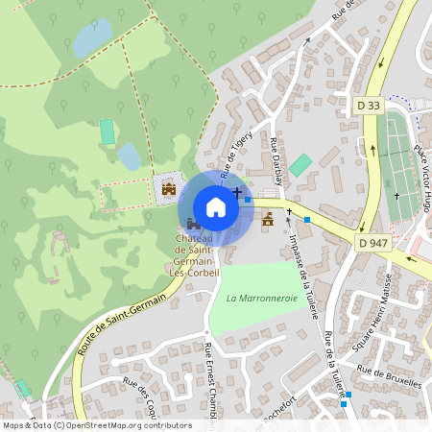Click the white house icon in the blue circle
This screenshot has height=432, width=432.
click(216, 207)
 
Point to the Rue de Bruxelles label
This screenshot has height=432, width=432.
click(389, 375)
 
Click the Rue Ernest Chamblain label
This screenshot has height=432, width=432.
click(213, 380)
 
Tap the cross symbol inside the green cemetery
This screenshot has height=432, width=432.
click(395, 196)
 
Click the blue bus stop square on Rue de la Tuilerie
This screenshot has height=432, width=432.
click(347, 395)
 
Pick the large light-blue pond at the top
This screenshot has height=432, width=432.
click(92, 38)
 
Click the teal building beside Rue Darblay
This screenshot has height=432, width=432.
click(300, 164)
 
